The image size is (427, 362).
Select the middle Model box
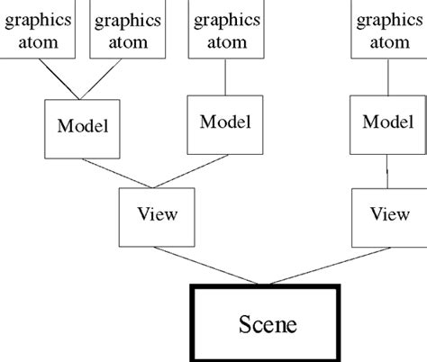pos(225,122)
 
